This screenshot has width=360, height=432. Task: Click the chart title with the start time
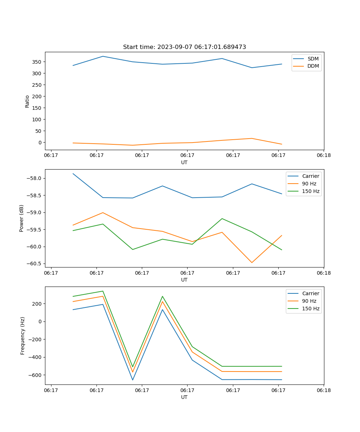click(x=184, y=47)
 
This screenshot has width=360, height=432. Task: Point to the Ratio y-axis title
click(x=27, y=101)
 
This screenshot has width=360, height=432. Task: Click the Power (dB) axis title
click(x=22, y=218)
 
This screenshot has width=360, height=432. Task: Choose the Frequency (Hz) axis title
click(x=23, y=336)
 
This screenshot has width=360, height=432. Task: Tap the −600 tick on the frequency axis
click(x=35, y=375)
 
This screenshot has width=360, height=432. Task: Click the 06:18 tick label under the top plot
click(x=324, y=156)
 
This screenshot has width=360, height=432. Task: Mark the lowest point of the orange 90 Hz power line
click(x=252, y=262)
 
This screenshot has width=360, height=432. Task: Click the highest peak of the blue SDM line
click(x=103, y=56)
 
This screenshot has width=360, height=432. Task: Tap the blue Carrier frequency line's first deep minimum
click(x=132, y=380)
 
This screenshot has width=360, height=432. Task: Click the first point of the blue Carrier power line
click(x=73, y=174)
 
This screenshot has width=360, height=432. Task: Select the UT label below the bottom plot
click(x=184, y=397)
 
